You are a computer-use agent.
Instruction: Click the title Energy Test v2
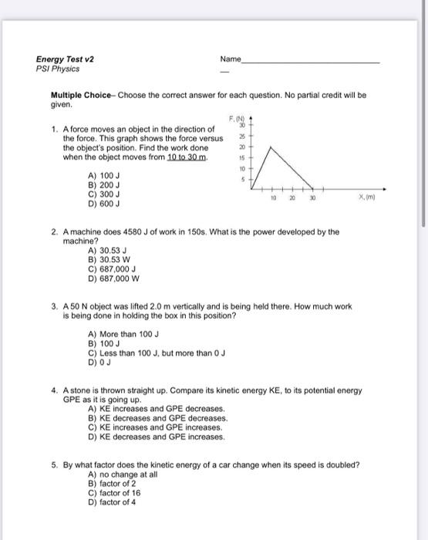tap(64, 59)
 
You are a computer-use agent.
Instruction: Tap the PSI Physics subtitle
tap(58, 69)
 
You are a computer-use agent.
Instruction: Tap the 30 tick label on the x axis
tap(312, 197)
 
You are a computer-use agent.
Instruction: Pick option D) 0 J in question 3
tap(98, 362)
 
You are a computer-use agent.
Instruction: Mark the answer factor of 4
tap(111, 501)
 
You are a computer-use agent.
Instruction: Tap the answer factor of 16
tap(113, 492)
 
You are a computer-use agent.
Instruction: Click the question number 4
tap(55, 391)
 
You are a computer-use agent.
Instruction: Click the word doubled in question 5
tap(342, 465)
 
